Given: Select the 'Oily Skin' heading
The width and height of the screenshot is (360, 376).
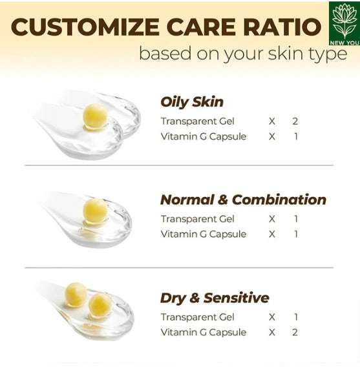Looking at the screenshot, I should pos(192,101).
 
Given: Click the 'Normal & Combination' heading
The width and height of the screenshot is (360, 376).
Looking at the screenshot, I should pos(243,199).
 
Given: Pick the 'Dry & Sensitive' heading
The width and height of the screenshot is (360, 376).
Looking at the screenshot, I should pos(215,298).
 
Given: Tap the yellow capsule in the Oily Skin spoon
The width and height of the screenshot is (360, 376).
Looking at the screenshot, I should pos(95,116).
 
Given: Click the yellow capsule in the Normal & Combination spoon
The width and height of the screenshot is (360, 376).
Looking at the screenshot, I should pos(96,211).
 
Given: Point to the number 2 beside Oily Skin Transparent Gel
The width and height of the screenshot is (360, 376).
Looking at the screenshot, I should pos(295,121).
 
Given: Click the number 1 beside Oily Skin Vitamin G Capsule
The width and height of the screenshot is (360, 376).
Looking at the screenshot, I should pos(296,136).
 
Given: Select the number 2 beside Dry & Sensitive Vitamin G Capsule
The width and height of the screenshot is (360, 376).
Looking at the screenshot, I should pos(296,332).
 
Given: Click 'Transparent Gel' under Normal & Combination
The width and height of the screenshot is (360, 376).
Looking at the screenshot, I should pos(197,219).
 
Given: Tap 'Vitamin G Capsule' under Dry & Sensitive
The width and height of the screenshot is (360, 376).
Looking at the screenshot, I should pos(204,332).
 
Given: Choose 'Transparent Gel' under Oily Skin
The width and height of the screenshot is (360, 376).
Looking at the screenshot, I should pos(197,121).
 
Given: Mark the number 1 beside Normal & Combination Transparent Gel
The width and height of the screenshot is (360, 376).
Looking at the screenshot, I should pos(296,219).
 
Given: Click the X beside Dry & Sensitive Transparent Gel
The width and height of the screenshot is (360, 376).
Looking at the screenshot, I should pos(272,317).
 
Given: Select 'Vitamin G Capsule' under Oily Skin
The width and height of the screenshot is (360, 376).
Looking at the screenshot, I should pos(204,136).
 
